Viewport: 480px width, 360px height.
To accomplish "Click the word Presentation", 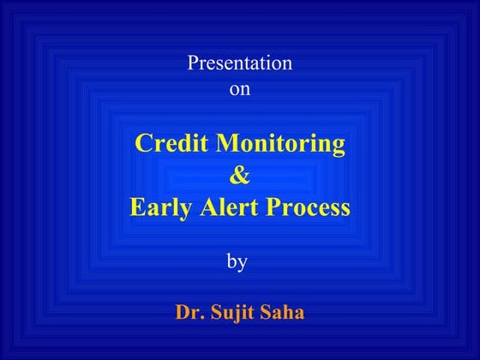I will click(x=240, y=63).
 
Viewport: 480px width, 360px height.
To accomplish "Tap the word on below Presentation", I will click(x=241, y=87).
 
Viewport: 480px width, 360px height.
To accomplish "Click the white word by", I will click(x=237, y=262).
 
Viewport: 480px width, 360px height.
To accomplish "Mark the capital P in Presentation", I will click(x=191, y=63).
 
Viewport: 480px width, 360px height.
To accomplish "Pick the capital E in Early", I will click(x=137, y=207).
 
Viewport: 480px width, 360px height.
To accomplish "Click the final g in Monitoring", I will click(x=340, y=146).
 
